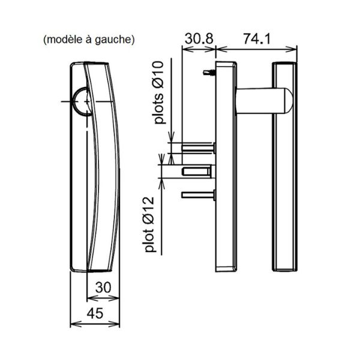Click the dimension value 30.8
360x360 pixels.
coord(199,38)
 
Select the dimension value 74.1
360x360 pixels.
coord(257,38)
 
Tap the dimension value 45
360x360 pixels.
coord(95,313)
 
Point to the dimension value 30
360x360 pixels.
coord(103,287)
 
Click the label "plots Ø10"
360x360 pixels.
coord(159,92)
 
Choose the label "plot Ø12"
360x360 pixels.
coord(149,224)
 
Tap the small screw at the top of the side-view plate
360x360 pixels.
coord(209,73)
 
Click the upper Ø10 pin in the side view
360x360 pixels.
coord(199,147)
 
